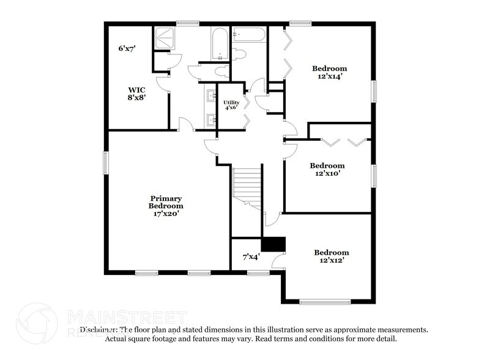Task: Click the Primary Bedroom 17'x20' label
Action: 165,206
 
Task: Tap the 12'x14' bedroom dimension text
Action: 330,77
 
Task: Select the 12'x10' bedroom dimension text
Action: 327,173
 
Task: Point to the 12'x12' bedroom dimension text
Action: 331,260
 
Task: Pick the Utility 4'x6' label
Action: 231,105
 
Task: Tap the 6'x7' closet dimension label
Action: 127,48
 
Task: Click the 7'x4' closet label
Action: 251,256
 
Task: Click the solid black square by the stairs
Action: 274,244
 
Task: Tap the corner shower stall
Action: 164,38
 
